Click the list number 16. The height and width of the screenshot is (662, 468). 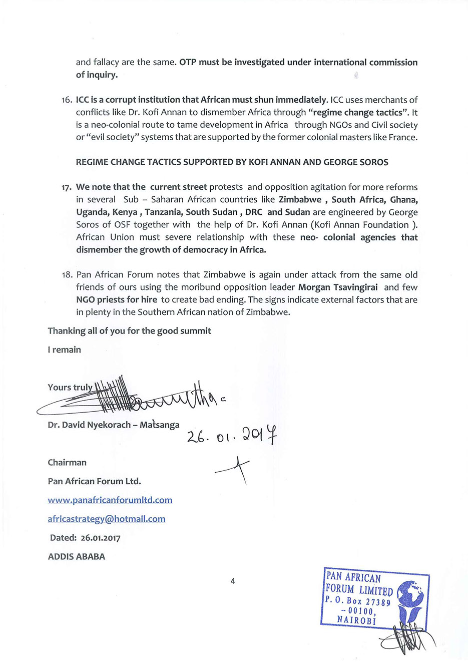(67, 100)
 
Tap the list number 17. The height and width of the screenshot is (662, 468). (67, 188)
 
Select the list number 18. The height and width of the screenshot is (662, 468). (67, 275)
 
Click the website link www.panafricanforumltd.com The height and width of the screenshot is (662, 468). (110, 500)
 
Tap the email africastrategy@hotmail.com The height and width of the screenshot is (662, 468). (107, 519)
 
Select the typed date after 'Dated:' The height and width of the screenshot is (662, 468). (100, 538)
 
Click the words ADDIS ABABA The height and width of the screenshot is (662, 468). (77, 557)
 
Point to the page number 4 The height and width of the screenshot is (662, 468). (233, 581)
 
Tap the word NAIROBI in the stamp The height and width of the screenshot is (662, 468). (356, 620)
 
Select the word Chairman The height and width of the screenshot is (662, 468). (67, 463)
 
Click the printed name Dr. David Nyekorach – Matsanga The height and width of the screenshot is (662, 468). (114, 425)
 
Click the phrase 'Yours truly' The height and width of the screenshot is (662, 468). (70, 388)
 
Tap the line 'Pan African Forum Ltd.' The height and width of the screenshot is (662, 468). (94, 482)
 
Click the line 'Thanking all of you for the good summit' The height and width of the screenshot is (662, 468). (129, 331)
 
